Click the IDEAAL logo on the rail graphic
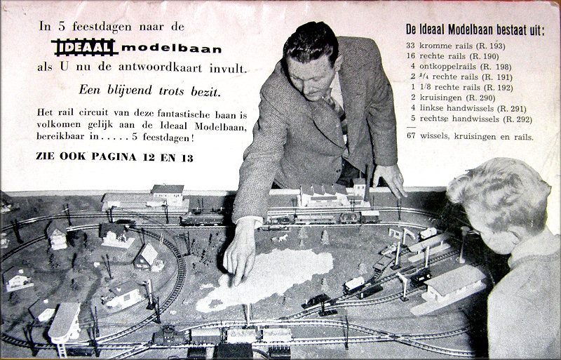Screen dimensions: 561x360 (85, 47)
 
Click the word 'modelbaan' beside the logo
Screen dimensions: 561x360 (171, 48)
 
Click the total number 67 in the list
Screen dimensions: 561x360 (411, 136)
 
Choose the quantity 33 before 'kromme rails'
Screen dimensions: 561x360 (410, 46)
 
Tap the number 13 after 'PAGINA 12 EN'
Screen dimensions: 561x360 (187, 158)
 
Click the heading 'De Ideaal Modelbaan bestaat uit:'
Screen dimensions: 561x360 (475, 29)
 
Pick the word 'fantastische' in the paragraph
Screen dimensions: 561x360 (183, 114)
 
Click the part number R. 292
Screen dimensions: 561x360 (517, 119)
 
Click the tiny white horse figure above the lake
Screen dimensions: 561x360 (283, 238)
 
